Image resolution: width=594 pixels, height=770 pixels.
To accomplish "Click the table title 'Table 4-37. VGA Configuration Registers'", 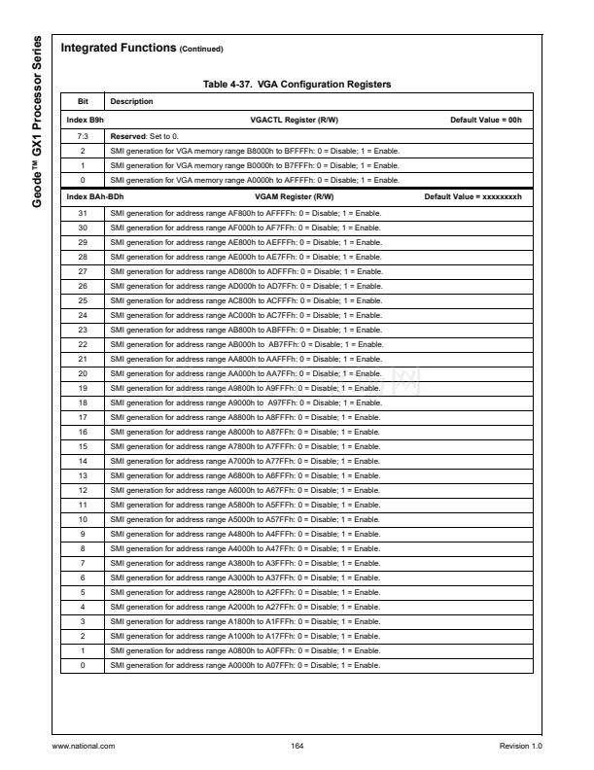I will (297, 85).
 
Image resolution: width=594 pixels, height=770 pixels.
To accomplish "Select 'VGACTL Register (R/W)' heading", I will (296, 118).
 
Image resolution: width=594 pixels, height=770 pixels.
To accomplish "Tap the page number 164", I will (297, 746).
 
